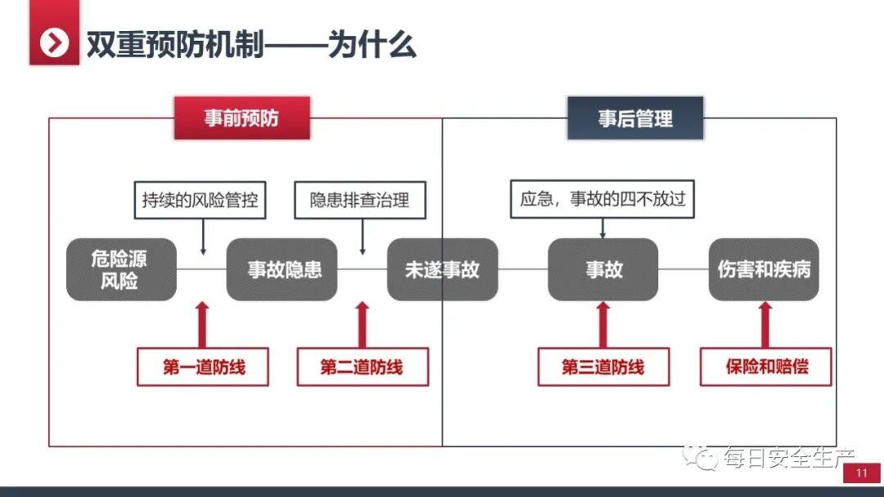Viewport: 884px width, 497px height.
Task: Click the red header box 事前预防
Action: [241, 118]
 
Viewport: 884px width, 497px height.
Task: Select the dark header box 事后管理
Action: [635, 118]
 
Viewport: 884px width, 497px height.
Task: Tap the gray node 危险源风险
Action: [121, 269]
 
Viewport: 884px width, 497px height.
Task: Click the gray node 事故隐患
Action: [282, 269]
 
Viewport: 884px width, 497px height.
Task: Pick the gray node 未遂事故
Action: [442, 269]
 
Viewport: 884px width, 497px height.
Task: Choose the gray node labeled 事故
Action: [603, 269]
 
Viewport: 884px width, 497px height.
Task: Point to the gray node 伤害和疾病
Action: [764, 269]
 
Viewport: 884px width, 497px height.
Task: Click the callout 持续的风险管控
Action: [200, 200]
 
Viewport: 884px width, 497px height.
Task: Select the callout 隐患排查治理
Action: [360, 200]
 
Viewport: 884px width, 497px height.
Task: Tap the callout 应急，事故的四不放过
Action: [602, 200]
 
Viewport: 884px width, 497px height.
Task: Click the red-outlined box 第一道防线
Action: [203, 367]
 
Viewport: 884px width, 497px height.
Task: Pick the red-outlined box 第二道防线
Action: [362, 367]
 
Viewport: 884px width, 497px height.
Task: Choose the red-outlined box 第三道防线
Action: [603, 367]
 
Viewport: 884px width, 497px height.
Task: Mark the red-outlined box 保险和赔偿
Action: [766, 367]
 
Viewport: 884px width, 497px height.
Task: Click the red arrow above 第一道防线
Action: [203, 324]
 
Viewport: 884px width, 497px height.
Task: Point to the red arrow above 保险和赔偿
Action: [765, 324]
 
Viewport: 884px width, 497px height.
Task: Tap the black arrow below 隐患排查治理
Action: [362, 237]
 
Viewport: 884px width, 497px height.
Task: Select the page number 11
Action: [861, 473]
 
